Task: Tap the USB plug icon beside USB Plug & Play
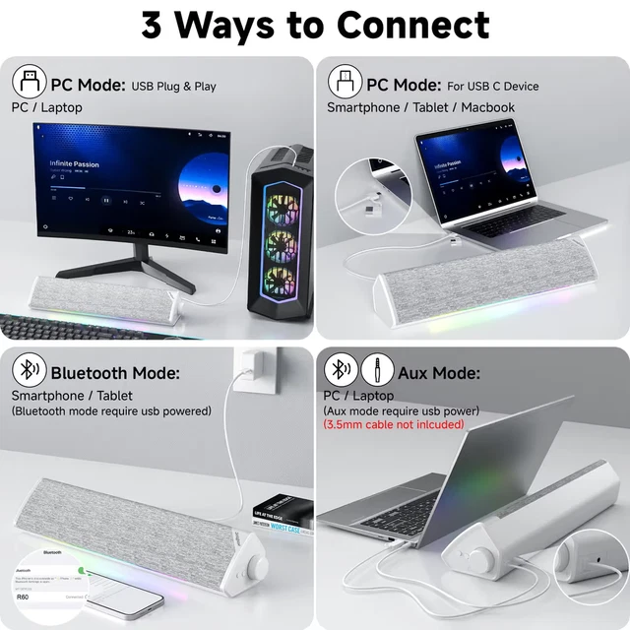[28, 80]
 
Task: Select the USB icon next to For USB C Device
[344, 80]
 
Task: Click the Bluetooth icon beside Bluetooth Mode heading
[28, 371]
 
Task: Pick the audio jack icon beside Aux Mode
[377, 371]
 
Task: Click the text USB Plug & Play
[173, 86]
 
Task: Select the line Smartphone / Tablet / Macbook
[420, 107]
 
